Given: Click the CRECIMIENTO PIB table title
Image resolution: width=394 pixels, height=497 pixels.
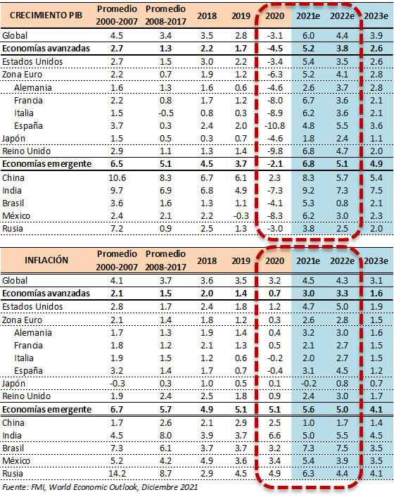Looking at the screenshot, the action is pos(46,15).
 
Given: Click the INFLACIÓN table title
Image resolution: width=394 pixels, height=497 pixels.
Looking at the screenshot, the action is pos(46,260).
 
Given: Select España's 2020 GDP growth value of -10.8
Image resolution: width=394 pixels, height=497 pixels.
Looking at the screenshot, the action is pos(274,126).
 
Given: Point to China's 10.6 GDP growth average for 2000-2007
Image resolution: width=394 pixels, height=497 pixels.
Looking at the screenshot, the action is pos(117,178).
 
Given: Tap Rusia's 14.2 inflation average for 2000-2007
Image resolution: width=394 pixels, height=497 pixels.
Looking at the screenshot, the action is pos(117,474).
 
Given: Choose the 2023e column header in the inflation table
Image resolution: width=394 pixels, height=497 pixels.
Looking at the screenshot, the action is pos(376,261).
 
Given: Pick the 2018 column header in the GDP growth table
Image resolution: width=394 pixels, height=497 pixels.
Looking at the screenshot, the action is pos(207,16).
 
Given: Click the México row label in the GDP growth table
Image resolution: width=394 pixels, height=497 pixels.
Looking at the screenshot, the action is pos(16,216).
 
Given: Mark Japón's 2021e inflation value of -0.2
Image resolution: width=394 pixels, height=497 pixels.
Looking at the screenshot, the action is pos(308,384).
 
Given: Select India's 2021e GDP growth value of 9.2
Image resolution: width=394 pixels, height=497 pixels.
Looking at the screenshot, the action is pos(308,191).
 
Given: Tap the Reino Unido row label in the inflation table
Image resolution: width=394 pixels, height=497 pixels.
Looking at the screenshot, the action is pos(26,396).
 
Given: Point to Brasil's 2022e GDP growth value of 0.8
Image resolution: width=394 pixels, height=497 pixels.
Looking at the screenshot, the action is pos(342,203).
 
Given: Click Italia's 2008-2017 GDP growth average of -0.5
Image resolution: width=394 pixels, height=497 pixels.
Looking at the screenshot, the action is pos(165,113).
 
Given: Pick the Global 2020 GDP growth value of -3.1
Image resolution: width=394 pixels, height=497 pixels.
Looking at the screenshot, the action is pos(274,35).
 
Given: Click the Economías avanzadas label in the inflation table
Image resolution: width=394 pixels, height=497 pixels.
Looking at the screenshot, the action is pos(46,294).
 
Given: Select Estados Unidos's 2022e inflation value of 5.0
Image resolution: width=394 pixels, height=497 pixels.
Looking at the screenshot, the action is pos(342,307).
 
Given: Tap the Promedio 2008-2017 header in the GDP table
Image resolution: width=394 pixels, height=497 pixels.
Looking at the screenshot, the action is pos(165,15).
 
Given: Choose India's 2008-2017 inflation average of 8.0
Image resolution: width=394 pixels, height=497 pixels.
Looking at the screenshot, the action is pos(165,436).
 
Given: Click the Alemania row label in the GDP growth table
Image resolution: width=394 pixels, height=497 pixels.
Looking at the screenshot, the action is pos(32,88).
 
